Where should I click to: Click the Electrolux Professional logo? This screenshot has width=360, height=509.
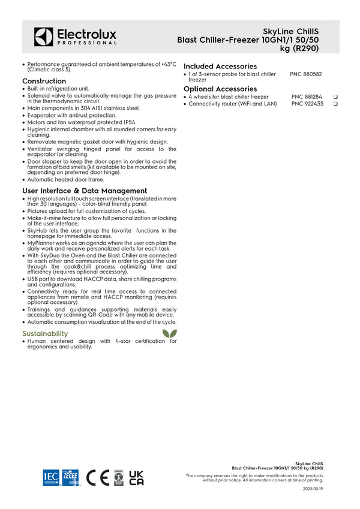pos(75,37)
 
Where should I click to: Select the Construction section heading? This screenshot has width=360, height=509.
pos(44,81)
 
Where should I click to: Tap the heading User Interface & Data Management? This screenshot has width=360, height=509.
pos(85,191)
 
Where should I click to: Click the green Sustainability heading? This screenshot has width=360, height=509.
pos(45,333)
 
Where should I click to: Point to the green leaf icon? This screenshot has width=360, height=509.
pos(169,334)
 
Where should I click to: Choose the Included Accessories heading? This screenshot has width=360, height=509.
pos(220,66)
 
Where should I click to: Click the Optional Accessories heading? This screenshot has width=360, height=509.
pos(220,89)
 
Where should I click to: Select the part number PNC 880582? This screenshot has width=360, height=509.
pos(306,74)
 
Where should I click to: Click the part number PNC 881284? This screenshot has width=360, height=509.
pos(307,97)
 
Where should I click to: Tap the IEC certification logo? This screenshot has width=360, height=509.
pos(50,477)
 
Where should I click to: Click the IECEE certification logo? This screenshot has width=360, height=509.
pos(70,477)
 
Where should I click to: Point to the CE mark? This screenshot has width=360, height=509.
pos(98,477)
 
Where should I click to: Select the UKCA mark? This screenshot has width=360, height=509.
pos(136,477)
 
